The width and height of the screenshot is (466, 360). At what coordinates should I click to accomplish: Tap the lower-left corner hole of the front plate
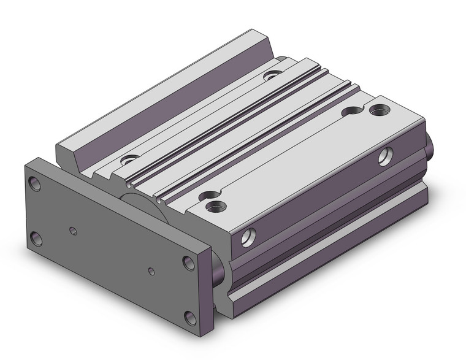37,238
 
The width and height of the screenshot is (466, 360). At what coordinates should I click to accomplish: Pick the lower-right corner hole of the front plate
191,317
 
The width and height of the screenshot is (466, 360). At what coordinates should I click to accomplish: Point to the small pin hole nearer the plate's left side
74,231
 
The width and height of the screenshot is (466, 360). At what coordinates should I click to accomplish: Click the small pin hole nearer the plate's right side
151,270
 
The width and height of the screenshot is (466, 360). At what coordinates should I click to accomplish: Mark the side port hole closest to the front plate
248,237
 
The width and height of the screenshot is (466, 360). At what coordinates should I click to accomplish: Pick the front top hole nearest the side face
215,205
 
